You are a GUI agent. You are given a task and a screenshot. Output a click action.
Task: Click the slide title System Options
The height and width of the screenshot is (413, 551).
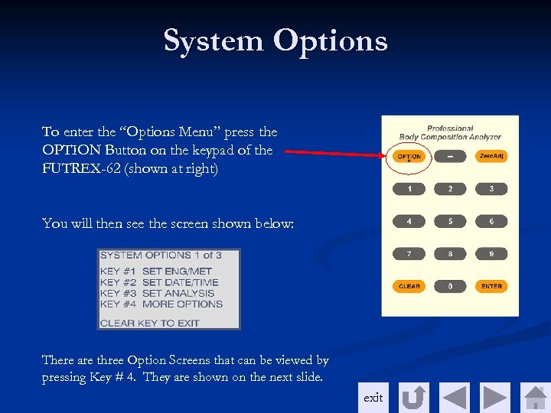[x=275, y=41]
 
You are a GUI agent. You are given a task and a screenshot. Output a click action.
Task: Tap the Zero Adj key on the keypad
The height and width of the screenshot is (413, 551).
[x=491, y=156]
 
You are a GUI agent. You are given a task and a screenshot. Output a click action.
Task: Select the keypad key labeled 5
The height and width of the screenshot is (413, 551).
[x=450, y=221]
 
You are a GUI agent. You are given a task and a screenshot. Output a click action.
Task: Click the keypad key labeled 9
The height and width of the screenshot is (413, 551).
[x=491, y=253]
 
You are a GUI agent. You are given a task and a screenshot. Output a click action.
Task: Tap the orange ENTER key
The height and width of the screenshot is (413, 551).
[x=491, y=286]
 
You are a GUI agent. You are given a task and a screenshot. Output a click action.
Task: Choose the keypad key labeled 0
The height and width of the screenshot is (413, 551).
[x=450, y=286]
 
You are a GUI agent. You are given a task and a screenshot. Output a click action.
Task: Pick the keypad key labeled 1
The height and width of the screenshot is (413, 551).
[x=409, y=188]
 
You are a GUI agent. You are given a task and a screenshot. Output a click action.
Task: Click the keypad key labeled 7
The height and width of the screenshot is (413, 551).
[x=409, y=253]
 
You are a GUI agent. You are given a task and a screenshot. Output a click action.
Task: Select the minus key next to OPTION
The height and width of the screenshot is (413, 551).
[x=450, y=156]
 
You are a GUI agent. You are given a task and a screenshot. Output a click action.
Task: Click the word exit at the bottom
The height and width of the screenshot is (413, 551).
[x=373, y=398]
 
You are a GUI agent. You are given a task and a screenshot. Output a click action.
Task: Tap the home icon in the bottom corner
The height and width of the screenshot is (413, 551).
[x=535, y=398]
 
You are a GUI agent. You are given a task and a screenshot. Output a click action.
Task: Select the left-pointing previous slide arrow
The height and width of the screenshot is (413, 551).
[x=454, y=398]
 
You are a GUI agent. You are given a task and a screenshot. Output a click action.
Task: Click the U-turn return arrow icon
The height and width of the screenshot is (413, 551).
[x=414, y=398]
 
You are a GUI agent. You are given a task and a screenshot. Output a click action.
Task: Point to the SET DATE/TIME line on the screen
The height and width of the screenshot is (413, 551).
[x=180, y=282]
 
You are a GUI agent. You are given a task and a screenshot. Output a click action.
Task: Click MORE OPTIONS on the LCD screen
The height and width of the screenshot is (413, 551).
[x=182, y=304]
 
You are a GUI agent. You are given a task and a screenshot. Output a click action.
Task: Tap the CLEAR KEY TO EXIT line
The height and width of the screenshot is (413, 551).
[x=150, y=323]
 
